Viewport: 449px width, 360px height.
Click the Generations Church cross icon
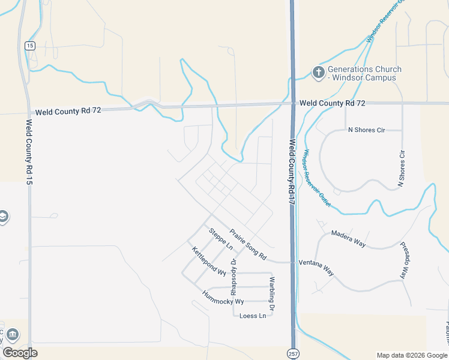(x=318, y=73)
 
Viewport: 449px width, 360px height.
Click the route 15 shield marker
(x=29, y=46)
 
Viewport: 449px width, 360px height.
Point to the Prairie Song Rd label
(x=248, y=244)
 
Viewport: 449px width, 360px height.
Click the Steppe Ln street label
(x=220, y=239)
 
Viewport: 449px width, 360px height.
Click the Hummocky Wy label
(x=223, y=297)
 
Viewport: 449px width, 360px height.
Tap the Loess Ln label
(x=252, y=316)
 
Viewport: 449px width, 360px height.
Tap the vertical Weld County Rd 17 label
(x=292, y=173)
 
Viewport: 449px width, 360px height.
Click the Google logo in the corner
(x=20, y=353)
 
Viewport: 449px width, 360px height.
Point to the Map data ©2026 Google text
(x=412, y=355)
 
